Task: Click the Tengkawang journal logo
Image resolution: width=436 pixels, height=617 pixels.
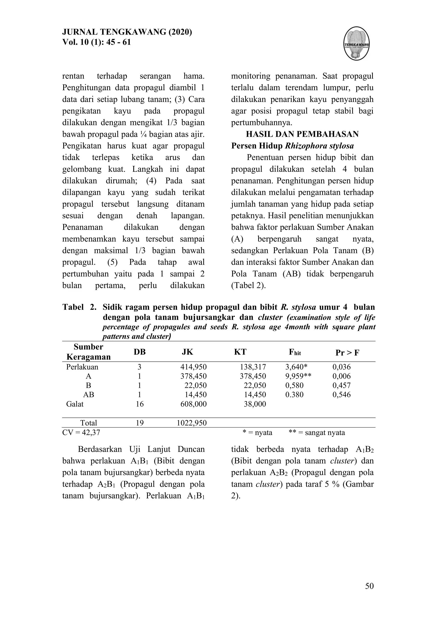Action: pos(357,43)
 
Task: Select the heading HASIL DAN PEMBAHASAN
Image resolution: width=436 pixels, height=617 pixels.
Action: pos(302,134)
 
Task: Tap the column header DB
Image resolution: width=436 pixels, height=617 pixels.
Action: pos(140,352)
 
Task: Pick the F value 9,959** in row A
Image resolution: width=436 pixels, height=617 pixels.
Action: pos(298,376)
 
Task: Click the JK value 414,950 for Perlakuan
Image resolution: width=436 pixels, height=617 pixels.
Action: pos(193,367)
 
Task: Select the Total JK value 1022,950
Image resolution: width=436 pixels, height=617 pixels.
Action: pos(191,423)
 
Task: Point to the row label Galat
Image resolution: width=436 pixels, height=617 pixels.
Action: pos(75,404)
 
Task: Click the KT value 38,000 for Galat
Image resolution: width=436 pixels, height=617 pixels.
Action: pos(255,404)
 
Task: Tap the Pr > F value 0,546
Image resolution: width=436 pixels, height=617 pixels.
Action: pos(341,395)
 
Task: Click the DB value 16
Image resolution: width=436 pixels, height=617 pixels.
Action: pos(140,404)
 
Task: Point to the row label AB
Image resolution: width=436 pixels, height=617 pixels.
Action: pos(89,395)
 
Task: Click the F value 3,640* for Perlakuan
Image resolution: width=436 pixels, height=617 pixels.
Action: pos(296,367)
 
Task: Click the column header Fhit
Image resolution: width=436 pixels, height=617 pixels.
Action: pos(294,352)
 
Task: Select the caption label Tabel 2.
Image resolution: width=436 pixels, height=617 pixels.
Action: pos(79,307)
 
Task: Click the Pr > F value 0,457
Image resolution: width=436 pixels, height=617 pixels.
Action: pos(341,386)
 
